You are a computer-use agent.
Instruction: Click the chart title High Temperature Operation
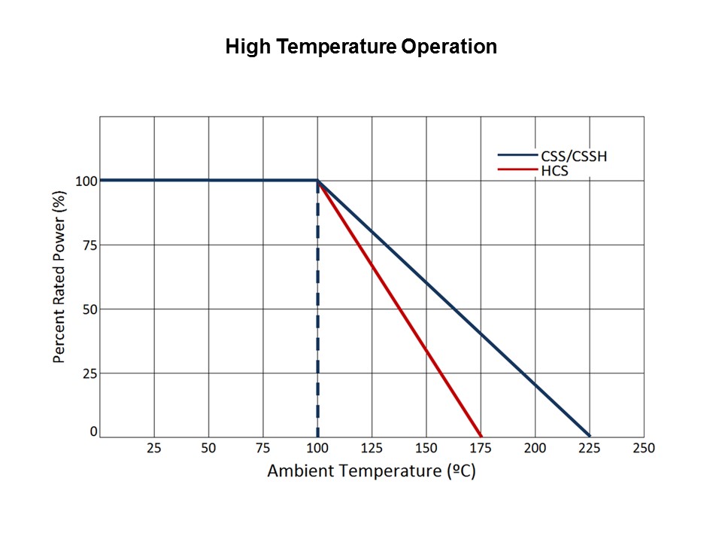point(361,47)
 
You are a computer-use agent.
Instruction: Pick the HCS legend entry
point(554,171)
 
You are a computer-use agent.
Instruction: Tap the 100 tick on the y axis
point(85,181)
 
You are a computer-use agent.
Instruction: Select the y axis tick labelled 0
point(93,431)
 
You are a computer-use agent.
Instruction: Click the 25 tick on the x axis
point(154,448)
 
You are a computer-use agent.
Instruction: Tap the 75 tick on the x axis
point(262,448)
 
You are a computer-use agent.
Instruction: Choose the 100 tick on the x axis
point(317,448)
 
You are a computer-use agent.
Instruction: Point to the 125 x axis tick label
point(372,448)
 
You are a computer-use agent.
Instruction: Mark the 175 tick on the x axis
point(481,448)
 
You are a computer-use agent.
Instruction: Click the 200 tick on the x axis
point(535,448)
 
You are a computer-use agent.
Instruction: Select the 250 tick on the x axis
point(644,448)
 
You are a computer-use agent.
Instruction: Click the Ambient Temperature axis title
point(372,471)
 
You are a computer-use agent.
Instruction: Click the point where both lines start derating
point(317,181)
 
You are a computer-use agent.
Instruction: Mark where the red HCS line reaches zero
point(481,436)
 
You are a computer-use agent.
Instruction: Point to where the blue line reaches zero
point(589,436)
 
